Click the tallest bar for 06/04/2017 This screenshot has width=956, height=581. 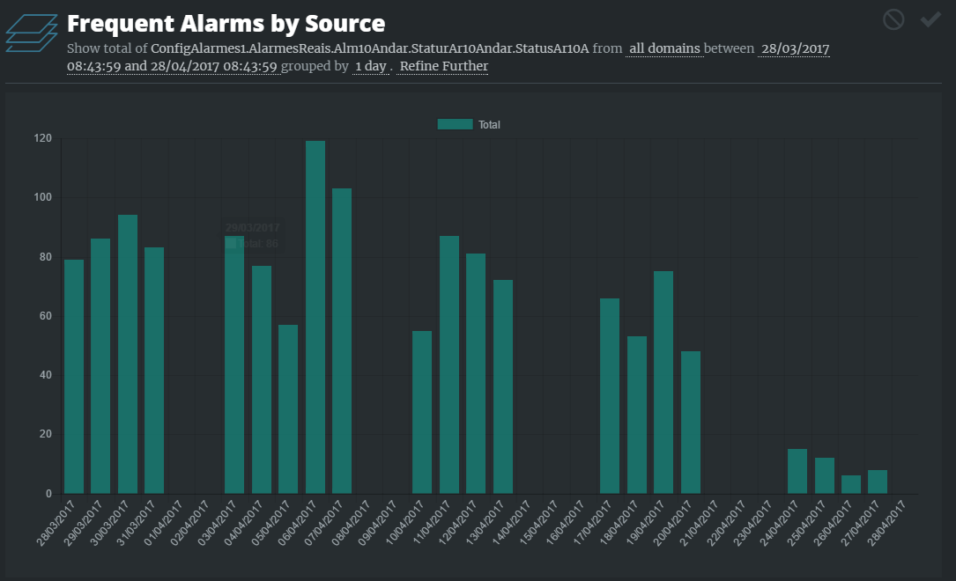tap(315, 317)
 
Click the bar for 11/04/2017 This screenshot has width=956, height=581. tap(449, 365)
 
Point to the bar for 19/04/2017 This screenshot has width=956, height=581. tap(663, 382)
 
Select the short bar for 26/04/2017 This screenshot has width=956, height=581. tap(851, 485)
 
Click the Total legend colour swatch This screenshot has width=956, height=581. tap(456, 125)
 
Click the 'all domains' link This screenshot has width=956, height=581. tap(664, 48)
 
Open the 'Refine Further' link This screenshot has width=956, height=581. tap(444, 66)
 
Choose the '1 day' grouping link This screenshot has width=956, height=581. tap(370, 66)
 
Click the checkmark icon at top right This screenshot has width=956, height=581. tap(930, 19)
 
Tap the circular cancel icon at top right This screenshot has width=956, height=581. tap(893, 19)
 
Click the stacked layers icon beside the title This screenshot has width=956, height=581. tap(31, 33)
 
